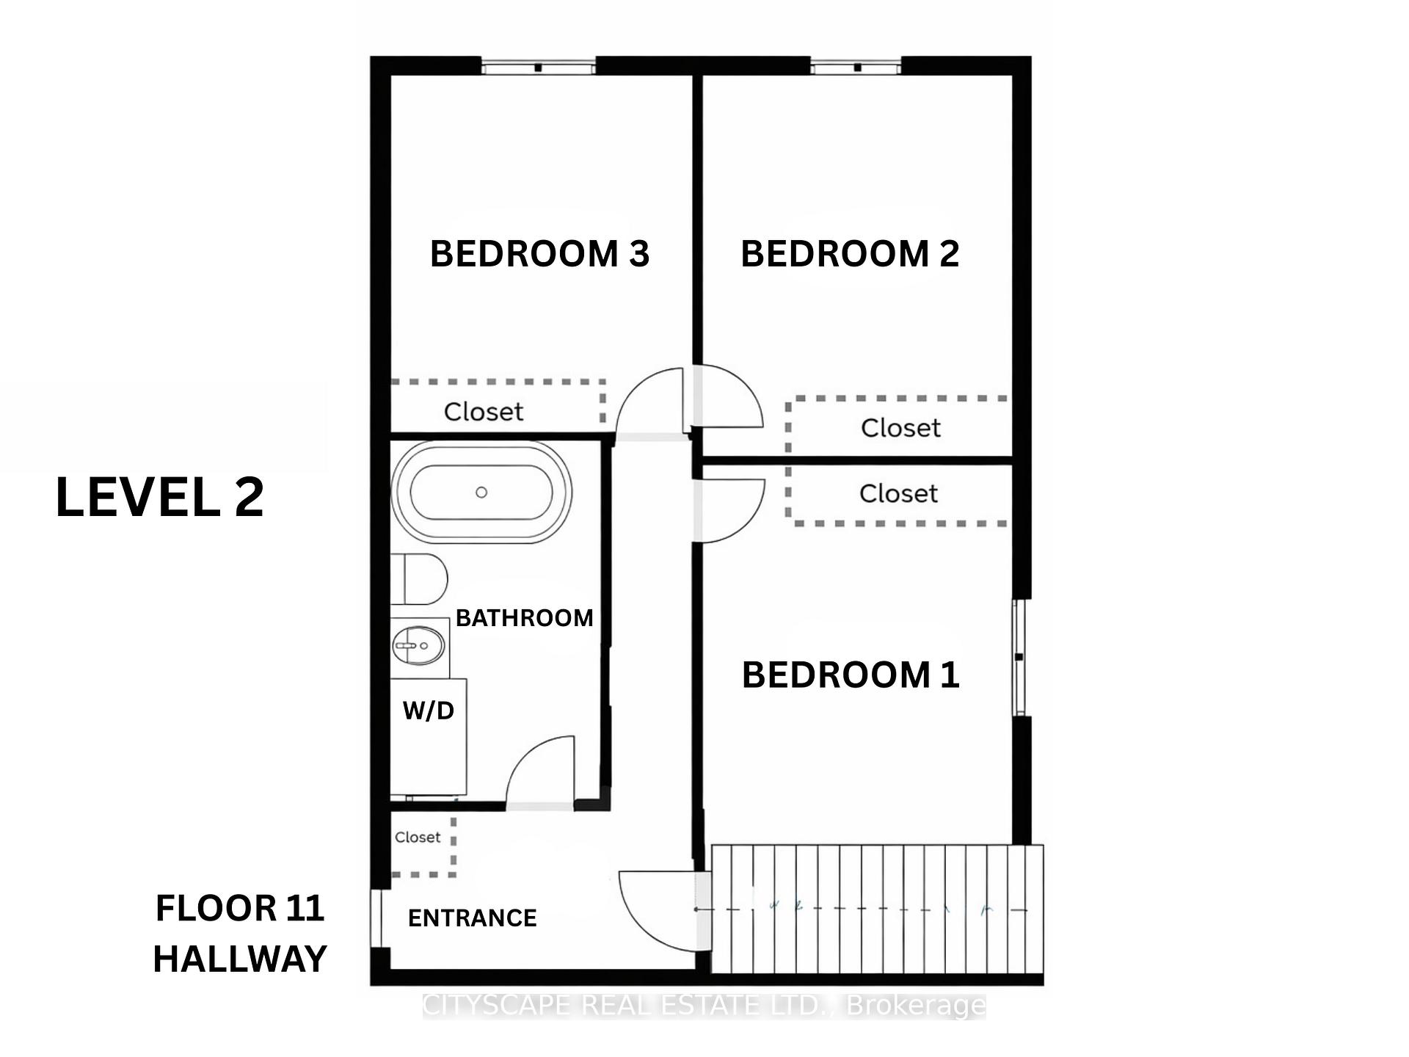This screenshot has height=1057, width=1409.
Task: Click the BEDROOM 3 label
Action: (539, 254)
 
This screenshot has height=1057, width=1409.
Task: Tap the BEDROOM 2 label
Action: (850, 254)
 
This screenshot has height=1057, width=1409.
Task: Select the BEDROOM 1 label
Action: (851, 675)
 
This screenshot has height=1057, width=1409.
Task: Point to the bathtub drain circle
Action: (481, 492)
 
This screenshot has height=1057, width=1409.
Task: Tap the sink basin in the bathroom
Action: (419, 645)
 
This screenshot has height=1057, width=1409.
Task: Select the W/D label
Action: (429, 710)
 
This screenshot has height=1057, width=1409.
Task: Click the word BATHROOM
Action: (524, 618)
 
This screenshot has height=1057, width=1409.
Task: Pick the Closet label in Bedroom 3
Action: (484, 411)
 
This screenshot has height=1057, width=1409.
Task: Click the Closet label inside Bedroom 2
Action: (900, 427)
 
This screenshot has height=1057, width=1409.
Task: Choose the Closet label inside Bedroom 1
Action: (898, 493)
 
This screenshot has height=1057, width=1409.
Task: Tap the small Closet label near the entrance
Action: (418, 837)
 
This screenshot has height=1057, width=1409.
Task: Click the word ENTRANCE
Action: (472, 918)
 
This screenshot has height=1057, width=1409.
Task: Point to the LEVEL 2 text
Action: (159, 498)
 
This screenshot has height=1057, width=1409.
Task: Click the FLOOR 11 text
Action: (240, 908)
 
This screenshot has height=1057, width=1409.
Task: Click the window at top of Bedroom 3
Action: (538, 68)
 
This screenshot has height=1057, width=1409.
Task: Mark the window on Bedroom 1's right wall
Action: (1019, 657)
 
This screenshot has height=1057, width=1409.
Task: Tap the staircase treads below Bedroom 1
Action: (877, 909)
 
